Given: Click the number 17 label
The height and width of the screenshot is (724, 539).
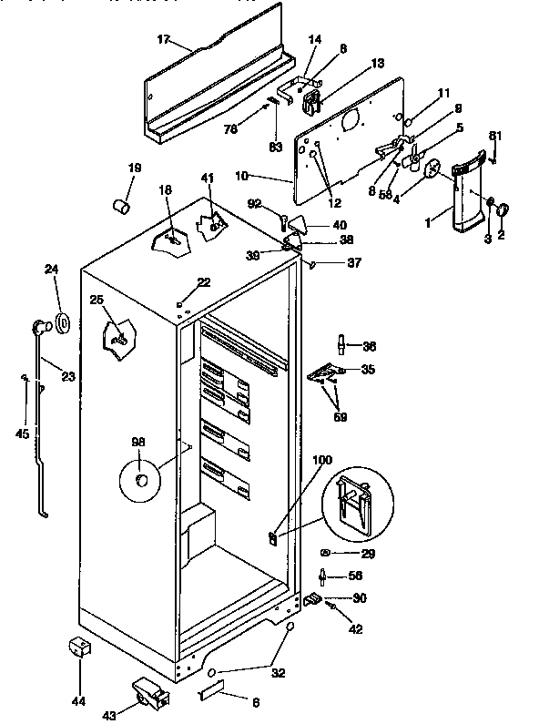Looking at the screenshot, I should [x=162, y=39].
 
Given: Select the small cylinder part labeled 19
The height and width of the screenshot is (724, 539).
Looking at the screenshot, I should [x=119, y=207].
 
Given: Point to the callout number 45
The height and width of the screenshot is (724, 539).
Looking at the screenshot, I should [x=22, y=433].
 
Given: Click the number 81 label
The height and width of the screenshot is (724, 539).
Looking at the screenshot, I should [x=495, y=137].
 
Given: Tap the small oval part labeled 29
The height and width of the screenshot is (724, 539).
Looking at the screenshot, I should [x=326, y=553].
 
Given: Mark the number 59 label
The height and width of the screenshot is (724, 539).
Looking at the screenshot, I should [x=341, y=417].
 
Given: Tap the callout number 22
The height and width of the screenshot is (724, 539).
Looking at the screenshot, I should [x=204, y=282].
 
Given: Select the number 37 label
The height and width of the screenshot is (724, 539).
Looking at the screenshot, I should [x=329, y=263].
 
